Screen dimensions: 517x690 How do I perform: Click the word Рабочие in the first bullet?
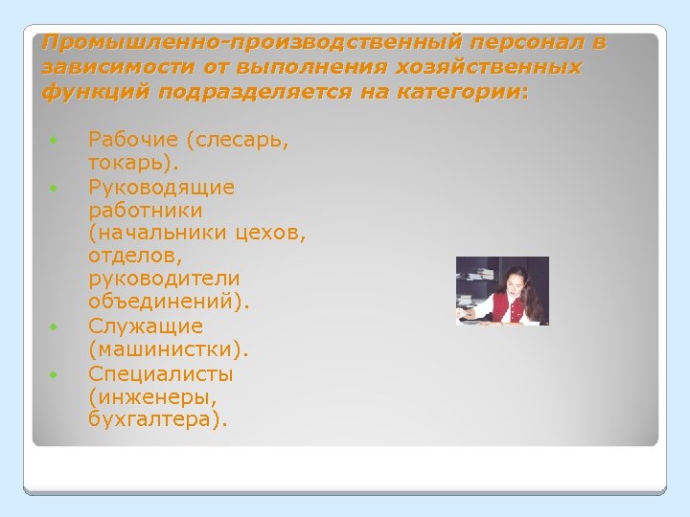coord(133,141)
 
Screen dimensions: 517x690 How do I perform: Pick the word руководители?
coord(164,279)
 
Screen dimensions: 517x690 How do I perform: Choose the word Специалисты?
coord(160,373)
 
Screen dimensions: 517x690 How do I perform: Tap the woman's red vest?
coord(504,309)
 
